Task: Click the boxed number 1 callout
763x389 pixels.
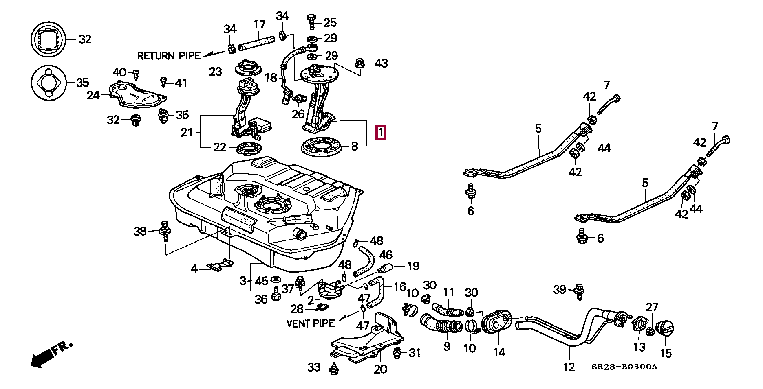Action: [x=380, y=132]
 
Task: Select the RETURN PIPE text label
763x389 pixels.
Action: [x=169, y=56]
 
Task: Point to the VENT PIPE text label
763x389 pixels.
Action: [x=311, y=323]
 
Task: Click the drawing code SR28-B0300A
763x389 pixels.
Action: [x=624, y=367]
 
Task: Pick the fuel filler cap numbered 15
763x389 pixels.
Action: [x=666, y=328]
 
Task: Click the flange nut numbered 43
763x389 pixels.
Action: [x=359, y=63]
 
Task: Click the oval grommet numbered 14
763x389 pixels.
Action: [x=496, y=323]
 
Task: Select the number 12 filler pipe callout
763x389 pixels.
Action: [x=569, y=367]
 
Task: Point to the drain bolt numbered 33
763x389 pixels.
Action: [x=334, y=368]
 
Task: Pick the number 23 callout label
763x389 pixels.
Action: [x=216, y=72]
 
